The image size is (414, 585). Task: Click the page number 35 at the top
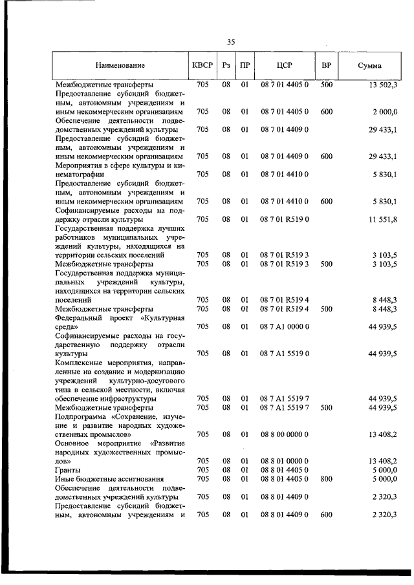click(231, 42)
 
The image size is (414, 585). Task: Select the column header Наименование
click(120, 65)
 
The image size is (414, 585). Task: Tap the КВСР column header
click(202, 65)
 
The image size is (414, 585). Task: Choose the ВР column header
click(326, 65)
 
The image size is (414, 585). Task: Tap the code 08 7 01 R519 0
click(285, 219)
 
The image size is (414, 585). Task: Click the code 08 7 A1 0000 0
click(285, 326)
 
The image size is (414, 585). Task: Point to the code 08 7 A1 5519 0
click(285, 354)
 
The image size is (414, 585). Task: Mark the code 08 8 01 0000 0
click(285, 461)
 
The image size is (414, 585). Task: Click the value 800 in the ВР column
click(326, 479)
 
